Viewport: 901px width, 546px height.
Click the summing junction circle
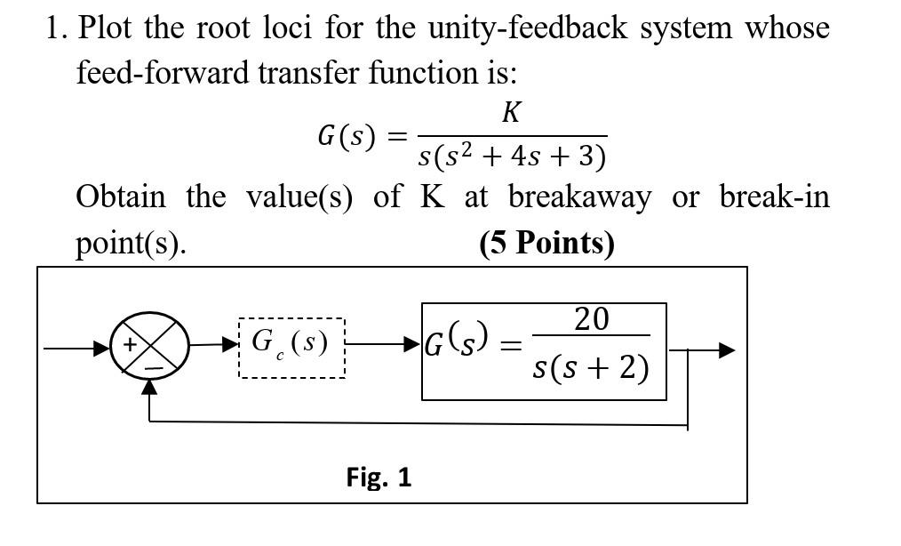click(149, 347)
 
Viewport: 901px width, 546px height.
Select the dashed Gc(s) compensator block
click(291, 347)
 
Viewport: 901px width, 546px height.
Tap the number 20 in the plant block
click(591, 318)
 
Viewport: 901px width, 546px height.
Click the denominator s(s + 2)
click(591, 366)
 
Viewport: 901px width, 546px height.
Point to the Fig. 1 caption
click(379, 478)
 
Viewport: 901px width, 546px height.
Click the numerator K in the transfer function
click(511, 113)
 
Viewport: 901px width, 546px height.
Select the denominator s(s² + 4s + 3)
click(513, 156)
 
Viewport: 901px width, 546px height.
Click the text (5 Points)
click(546, 242)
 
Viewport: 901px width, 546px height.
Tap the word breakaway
click(578, 197)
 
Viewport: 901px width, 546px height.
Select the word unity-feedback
click(523, 28)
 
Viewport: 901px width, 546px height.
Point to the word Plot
click(108, 28)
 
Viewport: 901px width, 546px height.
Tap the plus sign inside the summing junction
click(130, 343)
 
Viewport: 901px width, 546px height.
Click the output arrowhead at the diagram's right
click(727, 350)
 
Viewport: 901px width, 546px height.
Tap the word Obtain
click(121, 197)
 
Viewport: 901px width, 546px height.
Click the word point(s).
click(131, 243)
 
